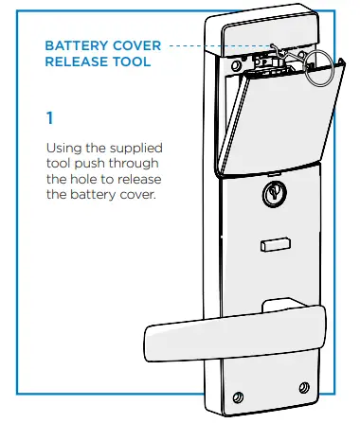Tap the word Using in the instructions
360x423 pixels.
[63, 149]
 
